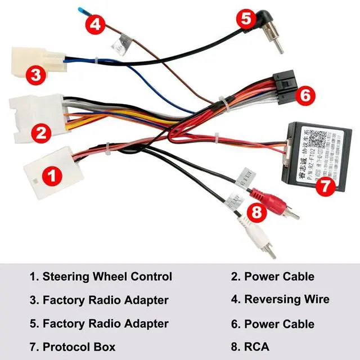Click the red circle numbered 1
pyautogui.click(x=52, y=176)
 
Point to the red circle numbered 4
pyautogui.click(x=96, y=24)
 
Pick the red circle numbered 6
pyautogui.click(x=304, y=96)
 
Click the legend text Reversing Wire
pyautogui.click(x=287, y=300)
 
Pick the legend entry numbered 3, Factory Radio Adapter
pyautogui.click(x=99, y=300)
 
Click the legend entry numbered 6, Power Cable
pyautogui.click(x=273, y=323)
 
